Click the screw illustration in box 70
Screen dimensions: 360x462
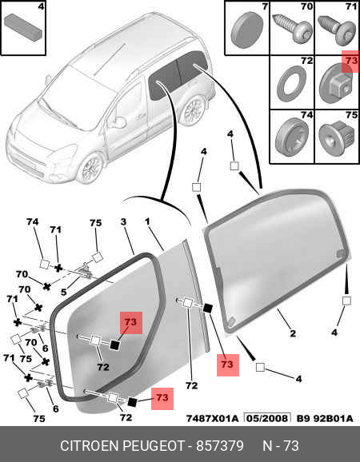pyautogui.click(x=292, y=27)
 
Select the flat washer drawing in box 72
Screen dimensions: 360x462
pyautogui.click(x=291, y=84)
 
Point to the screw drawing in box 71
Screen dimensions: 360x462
pyautogui.click(x=337, y=30)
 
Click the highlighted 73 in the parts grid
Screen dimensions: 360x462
pyautogui.click(x=351, y=61)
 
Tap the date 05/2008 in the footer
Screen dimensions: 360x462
pyautogui.click(x=267, y=418)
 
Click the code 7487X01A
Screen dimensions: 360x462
pyautogui.click(x=212, y=418)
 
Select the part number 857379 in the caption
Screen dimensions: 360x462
pyautogui.click(x=220, y=446)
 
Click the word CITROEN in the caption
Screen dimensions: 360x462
pyautogui.click(x=90, y=446)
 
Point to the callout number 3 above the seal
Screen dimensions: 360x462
pyautogui.click(x=123, y=221)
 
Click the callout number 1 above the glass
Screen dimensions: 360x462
pyautogui.click(x=147, y=221)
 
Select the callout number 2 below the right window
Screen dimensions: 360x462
pyautogui.click(x=293, y=333)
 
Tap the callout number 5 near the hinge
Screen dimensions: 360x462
pyautogui.click(x=64, y=292)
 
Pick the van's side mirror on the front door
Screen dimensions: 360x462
pyautogui.click(x=117, y=122)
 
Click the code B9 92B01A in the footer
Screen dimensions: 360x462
pyautogui.click(x=325, y=418)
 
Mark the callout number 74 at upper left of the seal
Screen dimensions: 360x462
pyautogui.click(x=33, y=221)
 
